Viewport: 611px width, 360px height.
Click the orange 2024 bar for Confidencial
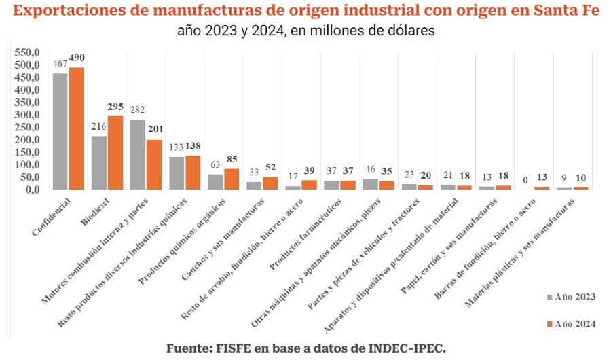[76, 128]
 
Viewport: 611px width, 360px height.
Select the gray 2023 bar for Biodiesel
[99, 163]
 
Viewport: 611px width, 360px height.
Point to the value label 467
[60, 62]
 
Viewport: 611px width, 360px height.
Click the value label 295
[115, 107]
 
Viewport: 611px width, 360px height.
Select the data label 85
[231, 159]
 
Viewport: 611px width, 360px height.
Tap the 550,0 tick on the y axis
[29, 52]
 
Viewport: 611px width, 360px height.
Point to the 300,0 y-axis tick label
[29, 115]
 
